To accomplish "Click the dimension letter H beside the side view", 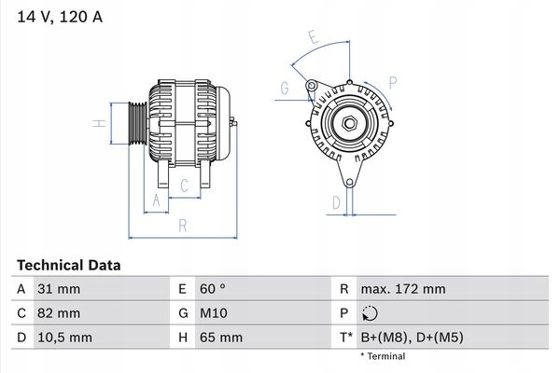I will pyautogui.click(x=97, y=123).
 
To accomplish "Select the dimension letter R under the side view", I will pyautogui.click(x=183, y=225).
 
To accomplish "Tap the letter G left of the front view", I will pyautogui.click(x=283, y=89).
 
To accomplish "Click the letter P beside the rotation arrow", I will pyautogui.click(x=393, y=82).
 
